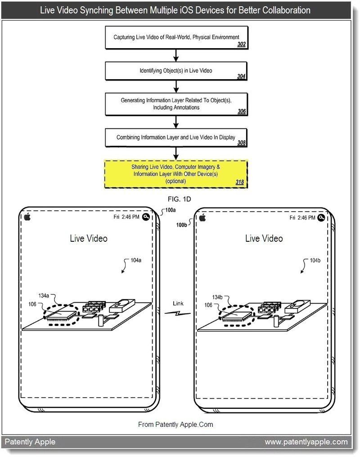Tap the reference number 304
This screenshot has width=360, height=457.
(x=241, y=77)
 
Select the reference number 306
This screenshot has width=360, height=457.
(x=241, y=111)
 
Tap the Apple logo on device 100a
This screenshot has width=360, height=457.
(x=27, y=217)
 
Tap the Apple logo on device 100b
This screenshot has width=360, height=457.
(x=202, y=217)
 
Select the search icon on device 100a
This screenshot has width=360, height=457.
(x=146, y=217)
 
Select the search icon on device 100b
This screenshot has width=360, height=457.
(x=321, y=217)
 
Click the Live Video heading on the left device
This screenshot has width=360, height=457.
(x=89, y=238)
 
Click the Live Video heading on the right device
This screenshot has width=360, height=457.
(x=264, y=238)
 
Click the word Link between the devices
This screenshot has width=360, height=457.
(x=178, y=303)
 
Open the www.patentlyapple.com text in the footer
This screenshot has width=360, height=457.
(x=306, y=442)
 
